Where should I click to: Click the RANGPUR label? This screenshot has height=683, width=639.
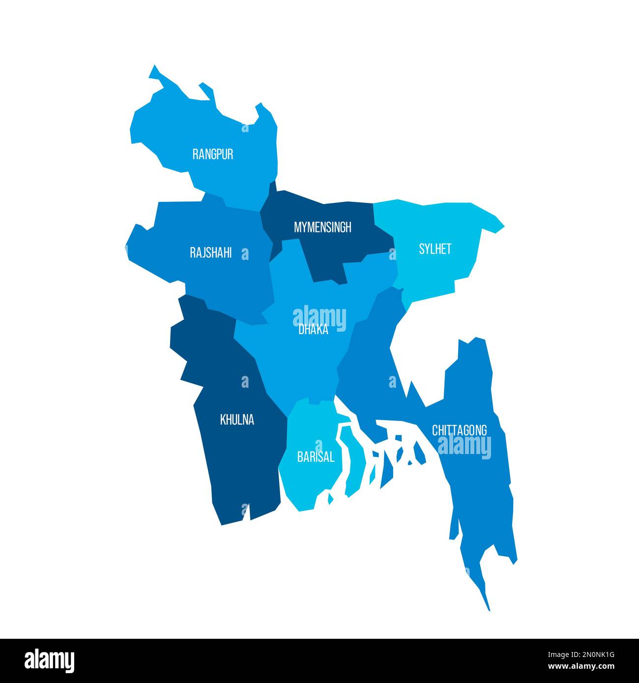point(213,154)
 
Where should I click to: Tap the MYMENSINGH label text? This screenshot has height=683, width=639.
point(322,227)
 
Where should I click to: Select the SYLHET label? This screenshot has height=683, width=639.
point(435,249)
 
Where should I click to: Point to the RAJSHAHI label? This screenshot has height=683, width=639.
point(211,253)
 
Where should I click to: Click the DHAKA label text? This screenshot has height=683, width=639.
point(313,330)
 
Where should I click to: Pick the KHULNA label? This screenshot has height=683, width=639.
point(237,420)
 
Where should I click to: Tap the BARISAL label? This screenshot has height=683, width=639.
point(316,457)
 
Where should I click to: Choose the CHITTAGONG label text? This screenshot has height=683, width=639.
point(460,430)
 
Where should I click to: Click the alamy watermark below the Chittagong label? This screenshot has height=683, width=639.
point(464,447)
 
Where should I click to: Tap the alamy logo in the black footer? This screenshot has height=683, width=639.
point(50,660)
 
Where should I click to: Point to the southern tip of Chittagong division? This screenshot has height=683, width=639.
point(488,608)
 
